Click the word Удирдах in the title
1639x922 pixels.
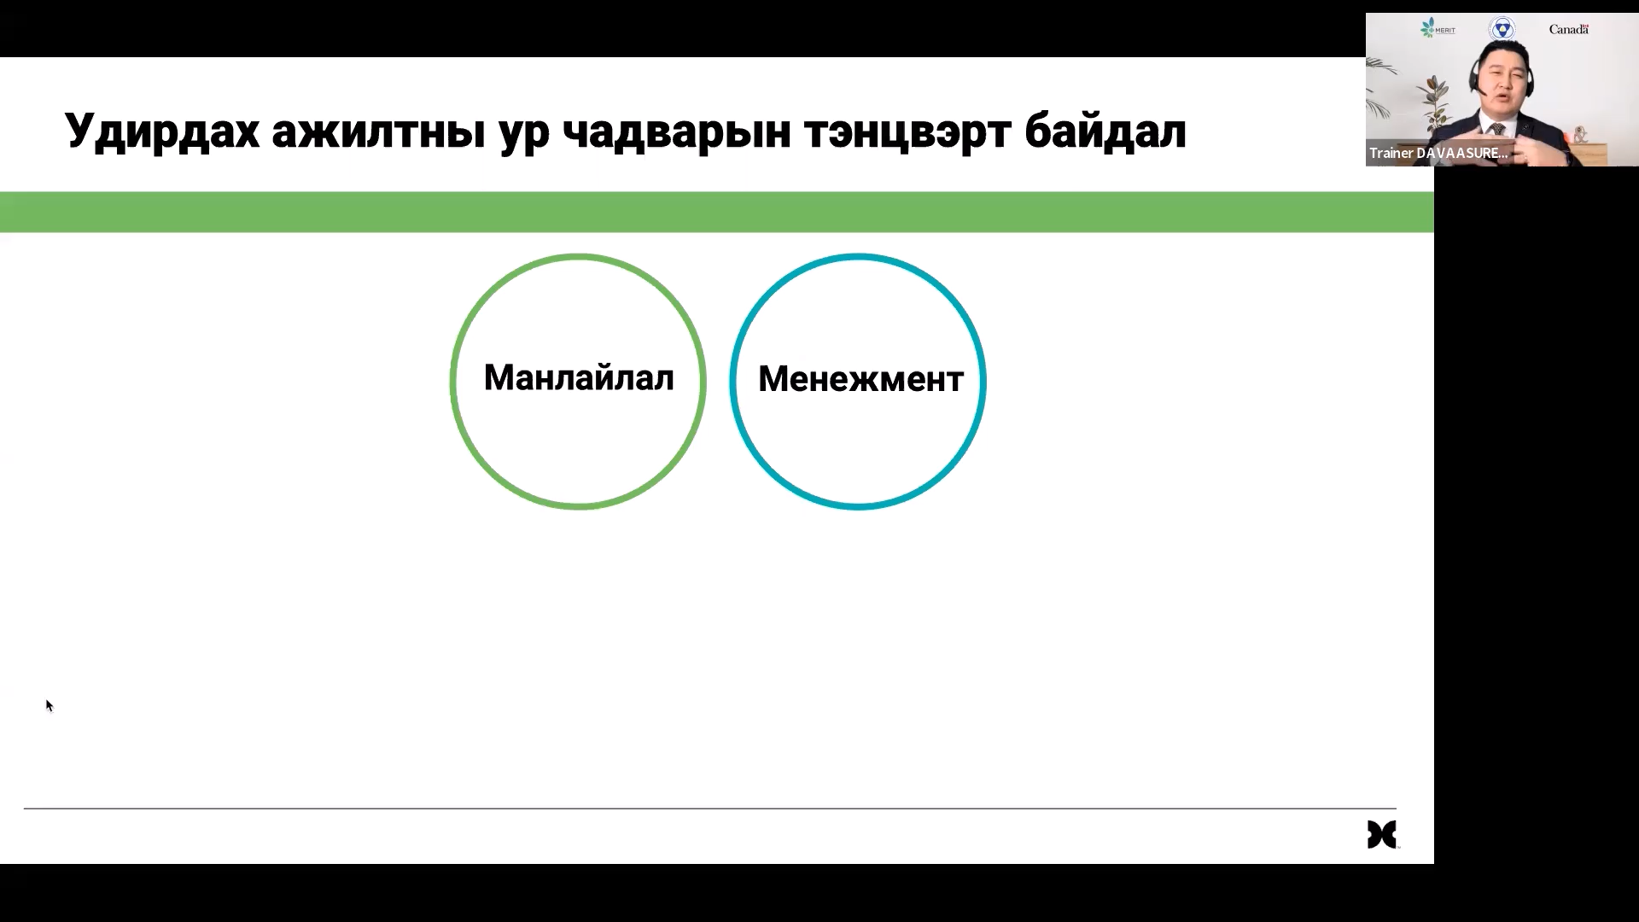(x=162, y=131)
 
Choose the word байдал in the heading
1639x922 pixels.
(x=1105, y=131)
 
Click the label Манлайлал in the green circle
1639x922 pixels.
(x=579, y=377)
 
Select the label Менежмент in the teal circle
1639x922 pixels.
(x=860, y=379)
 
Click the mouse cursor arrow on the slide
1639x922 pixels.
(x=50, y=705)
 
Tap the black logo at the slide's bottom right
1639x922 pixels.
(x=1382, y=834)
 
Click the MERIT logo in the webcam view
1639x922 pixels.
(x=1438, y=29)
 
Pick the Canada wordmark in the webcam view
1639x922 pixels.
(x=1569, y=29)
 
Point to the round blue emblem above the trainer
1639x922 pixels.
(x=1502, y=29)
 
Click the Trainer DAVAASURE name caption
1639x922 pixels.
(x=1438, y=154)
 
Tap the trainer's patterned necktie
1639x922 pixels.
(x=1497, y=131)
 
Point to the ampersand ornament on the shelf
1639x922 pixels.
(x=1581, y=135)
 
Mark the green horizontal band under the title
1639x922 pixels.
(x=717, y=212)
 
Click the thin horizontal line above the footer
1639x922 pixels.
(x=710, y=808)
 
